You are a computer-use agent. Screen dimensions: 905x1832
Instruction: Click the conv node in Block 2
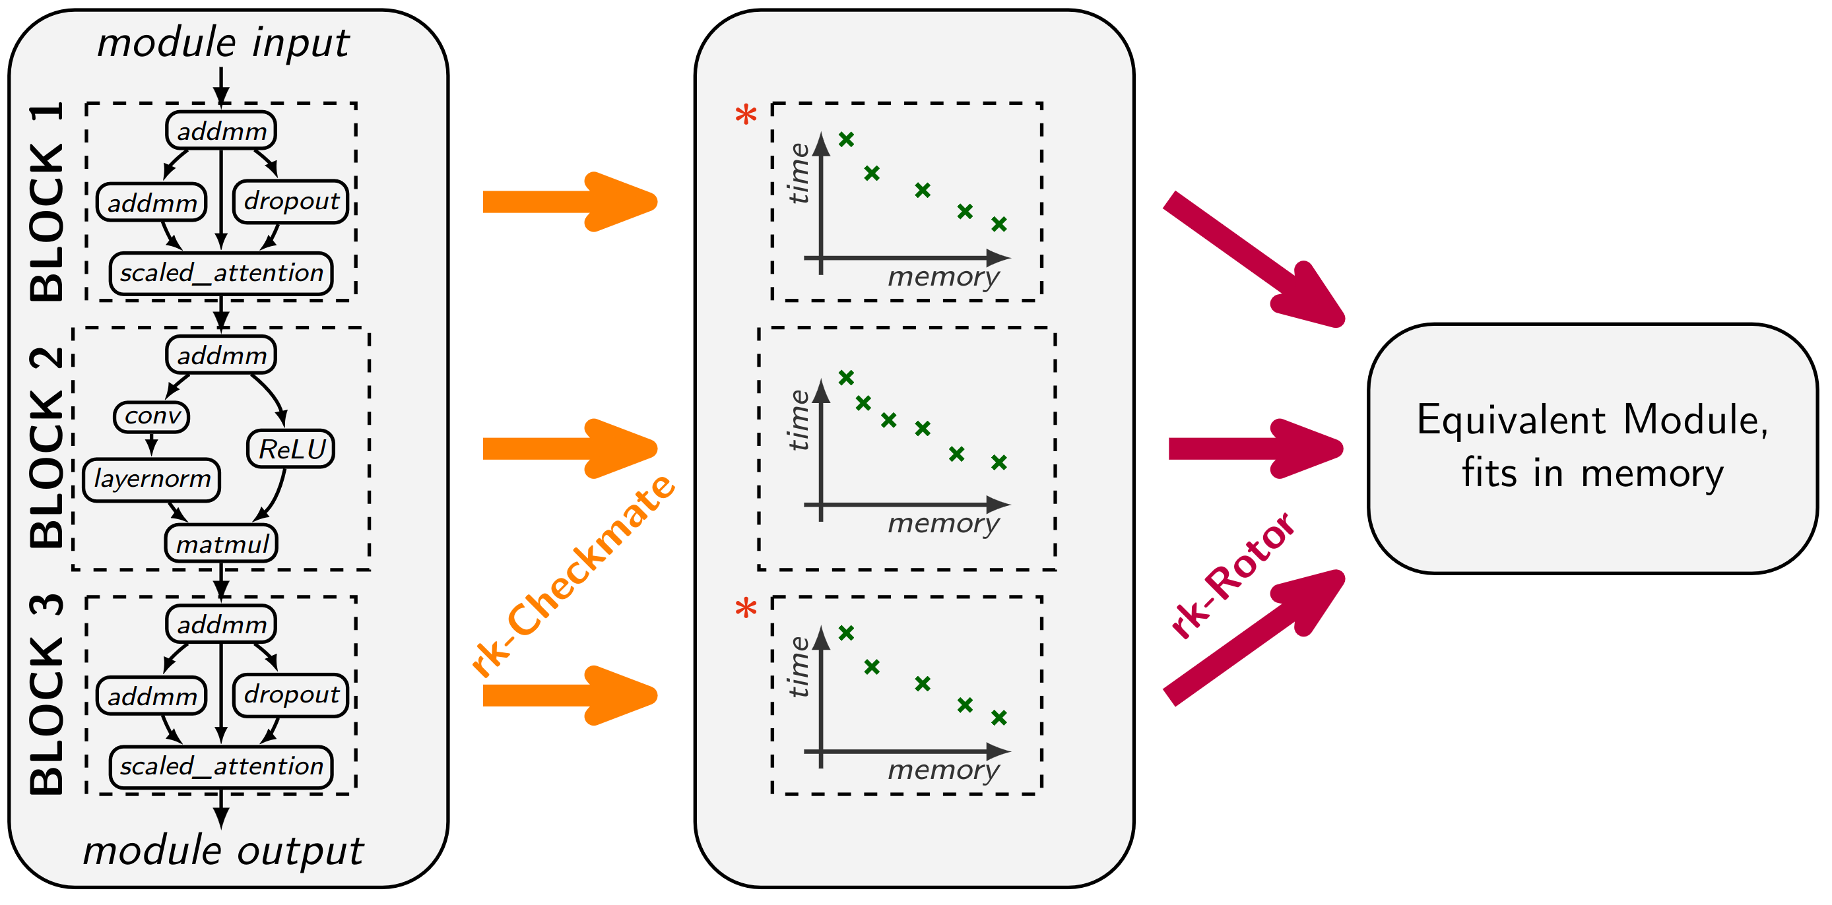click(x=152, y=416)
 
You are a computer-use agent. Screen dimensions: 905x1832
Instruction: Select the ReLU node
click(x=291, y=449)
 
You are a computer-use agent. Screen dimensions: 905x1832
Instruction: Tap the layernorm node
click(x=152, y=480)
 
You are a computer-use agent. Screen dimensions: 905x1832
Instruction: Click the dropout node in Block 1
click(x=291, y=202)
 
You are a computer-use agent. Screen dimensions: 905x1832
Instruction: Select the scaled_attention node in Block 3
click(x=221, y=766)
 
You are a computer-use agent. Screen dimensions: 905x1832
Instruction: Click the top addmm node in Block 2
click(x=221, y=355)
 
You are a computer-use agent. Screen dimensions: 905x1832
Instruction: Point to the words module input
click(x=222, y=43)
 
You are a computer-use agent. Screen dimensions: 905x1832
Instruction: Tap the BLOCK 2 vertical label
click(x=47, y=448)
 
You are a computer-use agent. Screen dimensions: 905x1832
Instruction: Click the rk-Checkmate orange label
click(x=573, y=576)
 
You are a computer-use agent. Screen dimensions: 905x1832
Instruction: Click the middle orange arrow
click(x=569, y=449)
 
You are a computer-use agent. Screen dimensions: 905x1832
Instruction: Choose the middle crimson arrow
click(x=1255, y=449)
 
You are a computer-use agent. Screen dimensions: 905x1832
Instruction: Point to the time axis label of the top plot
click(x=799, y=173)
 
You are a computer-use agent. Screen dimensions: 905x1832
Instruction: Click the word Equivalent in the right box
click(x=1511, y=420)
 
